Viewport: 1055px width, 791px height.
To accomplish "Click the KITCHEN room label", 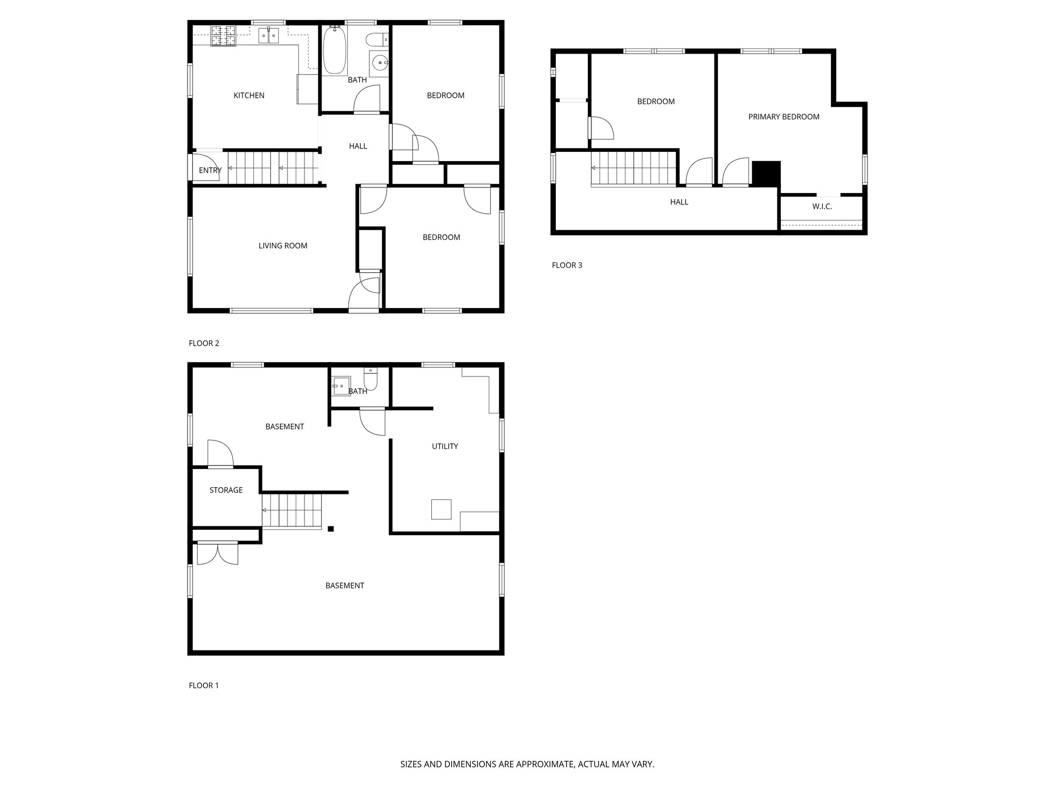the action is (249, 95).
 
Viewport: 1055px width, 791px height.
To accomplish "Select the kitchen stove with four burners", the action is (223, 36).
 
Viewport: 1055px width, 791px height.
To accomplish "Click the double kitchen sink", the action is (268, 35).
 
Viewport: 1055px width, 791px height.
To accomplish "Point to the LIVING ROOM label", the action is (283, 246).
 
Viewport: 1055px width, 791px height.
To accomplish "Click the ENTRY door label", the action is (210, 170).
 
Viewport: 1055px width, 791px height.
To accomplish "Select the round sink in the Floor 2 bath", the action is (380, 63).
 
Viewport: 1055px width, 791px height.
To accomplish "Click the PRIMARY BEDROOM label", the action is (784, 117).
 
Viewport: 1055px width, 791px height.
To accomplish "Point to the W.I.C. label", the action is (822, 207).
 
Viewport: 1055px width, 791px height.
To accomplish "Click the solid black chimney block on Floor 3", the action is (767, 173).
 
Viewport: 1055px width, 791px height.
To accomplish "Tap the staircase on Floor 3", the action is (634, 168).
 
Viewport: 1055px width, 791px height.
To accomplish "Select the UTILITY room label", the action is (445, 446).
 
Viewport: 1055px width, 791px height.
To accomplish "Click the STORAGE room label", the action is (226, 490).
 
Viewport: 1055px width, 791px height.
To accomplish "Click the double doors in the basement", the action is (217, 554).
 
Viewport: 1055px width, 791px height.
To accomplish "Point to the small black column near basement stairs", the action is (331, 528).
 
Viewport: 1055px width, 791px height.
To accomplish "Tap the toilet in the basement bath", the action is (370, 380).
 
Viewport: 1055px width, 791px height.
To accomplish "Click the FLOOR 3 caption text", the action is (567, 265).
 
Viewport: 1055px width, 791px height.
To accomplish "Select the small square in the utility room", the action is (441, 509).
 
